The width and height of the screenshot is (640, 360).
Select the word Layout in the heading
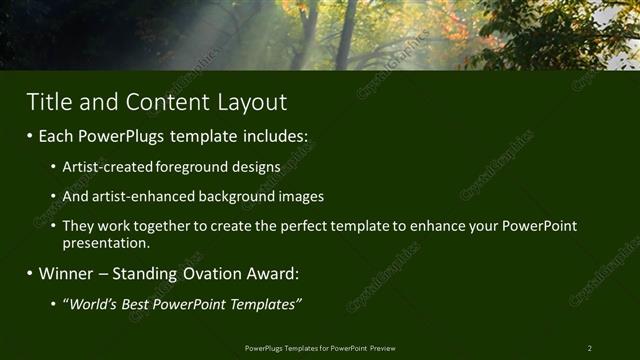tap(250, 102)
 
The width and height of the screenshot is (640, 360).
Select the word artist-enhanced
tap(134, 197)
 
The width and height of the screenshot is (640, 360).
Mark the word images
tap(300, 197)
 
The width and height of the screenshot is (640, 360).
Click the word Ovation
tap(210, 273)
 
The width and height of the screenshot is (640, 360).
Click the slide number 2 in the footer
tap(590, 348)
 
